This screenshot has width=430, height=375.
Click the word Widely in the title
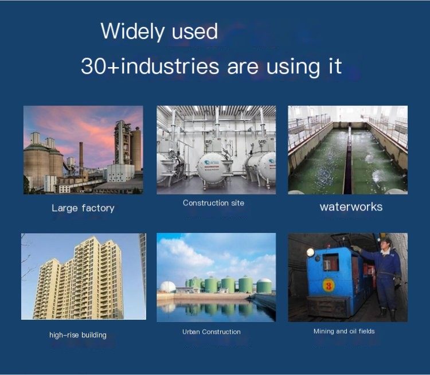(132, 32)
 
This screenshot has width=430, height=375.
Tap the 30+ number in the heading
(93, 66)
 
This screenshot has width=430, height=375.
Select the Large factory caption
(83, 208)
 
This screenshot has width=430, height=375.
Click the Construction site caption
(213, 203)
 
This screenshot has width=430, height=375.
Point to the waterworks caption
(351, 207)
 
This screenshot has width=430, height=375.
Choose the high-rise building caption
(78, 335)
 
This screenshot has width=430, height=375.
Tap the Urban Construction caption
(212, 331)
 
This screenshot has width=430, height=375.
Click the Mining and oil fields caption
(344, 331)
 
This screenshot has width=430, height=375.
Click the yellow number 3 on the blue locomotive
(328, 286)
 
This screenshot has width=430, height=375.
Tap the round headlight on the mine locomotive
(310, 252)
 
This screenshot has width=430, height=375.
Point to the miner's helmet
(386, 239)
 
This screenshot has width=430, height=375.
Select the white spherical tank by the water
(168, 287)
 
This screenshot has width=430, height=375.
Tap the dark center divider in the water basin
(348, 162)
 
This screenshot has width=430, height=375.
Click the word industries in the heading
(170, 66)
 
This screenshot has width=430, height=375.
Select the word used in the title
(195, 32)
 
